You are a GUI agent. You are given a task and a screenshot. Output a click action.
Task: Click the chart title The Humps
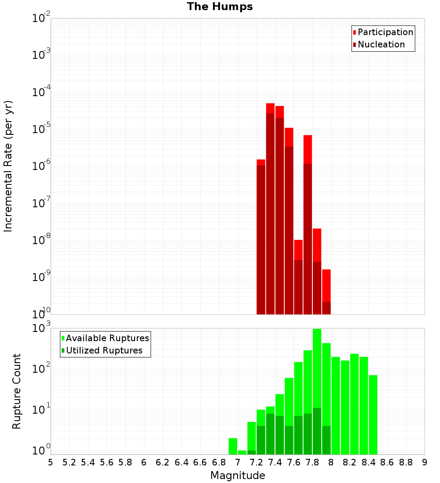pos(220,7)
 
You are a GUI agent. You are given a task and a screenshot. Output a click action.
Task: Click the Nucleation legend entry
pos(381,44)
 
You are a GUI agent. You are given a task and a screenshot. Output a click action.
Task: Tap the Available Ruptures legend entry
pos(107,338)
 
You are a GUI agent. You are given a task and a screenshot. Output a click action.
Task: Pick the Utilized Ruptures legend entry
pos(104,350)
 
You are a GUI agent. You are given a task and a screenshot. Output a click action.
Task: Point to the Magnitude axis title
pos(238,476)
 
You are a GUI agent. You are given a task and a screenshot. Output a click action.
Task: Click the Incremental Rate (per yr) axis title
pos(8,166)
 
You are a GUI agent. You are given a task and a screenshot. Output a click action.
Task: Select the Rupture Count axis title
pos(17,391)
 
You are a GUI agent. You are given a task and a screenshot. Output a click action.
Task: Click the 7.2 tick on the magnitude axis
pos(256,462)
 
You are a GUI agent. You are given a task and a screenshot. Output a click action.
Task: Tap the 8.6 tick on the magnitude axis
pos(387,462)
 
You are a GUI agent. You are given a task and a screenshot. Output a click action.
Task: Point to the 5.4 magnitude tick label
pos(88,462)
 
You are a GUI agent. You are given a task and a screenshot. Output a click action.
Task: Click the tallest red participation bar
pos(270,108)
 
